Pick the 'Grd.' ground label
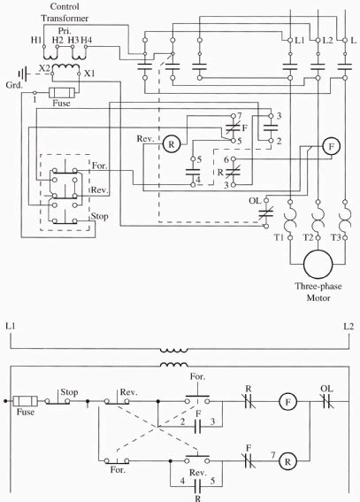(x=14, y=88)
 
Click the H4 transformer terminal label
(x=86, y=42)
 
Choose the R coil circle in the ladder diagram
(x=287, y=461)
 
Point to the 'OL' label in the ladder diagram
(x=326, y=387)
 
